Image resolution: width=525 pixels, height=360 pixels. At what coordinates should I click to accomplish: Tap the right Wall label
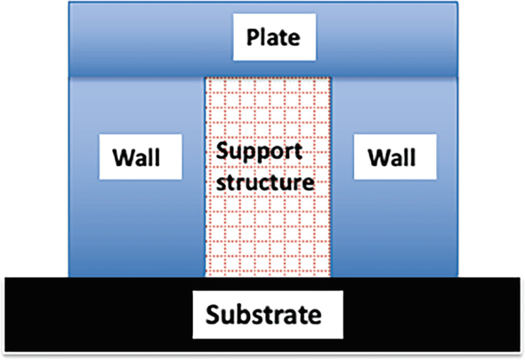pos(391,159)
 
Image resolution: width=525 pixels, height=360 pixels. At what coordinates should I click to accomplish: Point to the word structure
pos(264,182)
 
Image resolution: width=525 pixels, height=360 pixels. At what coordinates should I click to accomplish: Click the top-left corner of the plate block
pos(70,3)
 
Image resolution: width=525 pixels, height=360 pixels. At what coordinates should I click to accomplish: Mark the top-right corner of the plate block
pos(458,3)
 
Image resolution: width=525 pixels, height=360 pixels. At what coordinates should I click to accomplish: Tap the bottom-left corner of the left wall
pos(70,275)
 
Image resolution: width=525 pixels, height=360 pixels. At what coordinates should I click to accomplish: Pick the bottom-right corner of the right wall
pos(458,275)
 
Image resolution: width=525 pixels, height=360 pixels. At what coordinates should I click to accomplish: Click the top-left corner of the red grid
pos(205,76)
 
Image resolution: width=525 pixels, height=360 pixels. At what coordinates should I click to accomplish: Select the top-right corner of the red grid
pos(331,76)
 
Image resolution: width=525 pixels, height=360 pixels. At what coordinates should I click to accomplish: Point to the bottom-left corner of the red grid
pos(205,275)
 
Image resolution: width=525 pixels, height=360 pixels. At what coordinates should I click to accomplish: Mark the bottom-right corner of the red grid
pos(331,275)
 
